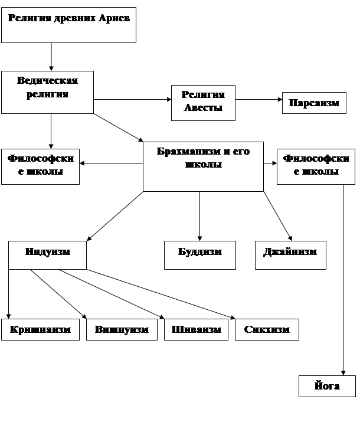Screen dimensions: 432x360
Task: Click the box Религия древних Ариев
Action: pyautogui.click(x=68, y=25)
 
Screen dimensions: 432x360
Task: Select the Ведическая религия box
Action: pyautogui.click(x=47, y=92)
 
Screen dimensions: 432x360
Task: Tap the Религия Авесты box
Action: pyautogui.click(x=203, y=102)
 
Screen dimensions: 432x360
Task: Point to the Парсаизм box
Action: pyautogui.click(x=314, y=103)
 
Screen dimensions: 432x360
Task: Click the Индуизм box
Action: pyautogui.click(x=47, y=255)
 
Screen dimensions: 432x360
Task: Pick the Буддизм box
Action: pyautogui.click(x=200, y=255)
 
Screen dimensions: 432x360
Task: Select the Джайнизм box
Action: pyautogui.click(x=290, y=255)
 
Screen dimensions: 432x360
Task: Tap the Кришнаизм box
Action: pyautogui.click(x=44, y=329)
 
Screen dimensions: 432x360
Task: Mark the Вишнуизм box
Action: pyautogui.click(x=122, y=329)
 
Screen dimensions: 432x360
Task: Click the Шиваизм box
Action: pyautogui.click(x=197, y=329)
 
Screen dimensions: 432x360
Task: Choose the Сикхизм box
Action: pyautogui.click(x=267, y=329)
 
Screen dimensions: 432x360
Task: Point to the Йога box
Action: pyautogui.click(x=328, y=386)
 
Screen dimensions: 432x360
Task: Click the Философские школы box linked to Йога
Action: pyautogui.click(x=316, y=166)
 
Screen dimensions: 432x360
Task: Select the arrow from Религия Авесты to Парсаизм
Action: pyautogui.click(x=258, y=100)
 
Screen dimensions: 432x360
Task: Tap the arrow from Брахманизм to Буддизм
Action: pyautogui.click(x=199, y=215)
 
